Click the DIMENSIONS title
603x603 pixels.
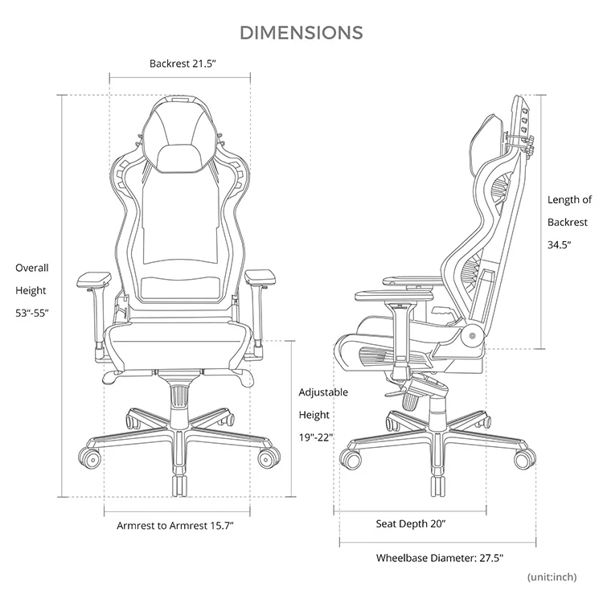301,32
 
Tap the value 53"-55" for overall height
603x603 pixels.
32,313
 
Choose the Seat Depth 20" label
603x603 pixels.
411,523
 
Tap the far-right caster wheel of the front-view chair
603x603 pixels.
267,458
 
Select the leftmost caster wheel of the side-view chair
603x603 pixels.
350,459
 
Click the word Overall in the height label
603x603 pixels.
32,268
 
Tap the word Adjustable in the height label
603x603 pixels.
323,392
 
